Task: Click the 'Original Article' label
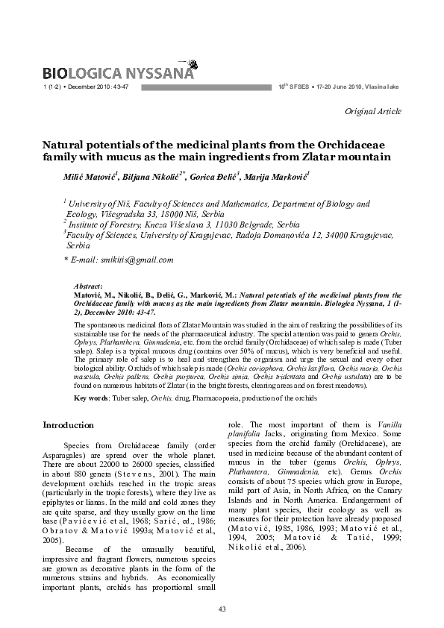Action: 373,111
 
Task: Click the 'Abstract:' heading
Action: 90,286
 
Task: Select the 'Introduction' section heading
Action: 69,425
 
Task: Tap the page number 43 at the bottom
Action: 222,609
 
